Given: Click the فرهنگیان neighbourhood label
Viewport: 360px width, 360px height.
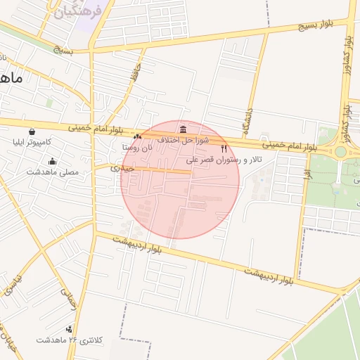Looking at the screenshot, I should pyautogui.click(x=78, y=10).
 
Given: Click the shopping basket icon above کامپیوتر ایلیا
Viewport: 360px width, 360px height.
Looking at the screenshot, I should pyautogui.click(x=32, y=131).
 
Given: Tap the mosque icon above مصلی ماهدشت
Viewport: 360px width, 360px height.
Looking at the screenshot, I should pyautogui.click(x=53, y=162).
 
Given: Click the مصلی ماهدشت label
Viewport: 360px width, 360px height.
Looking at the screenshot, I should pyautogui.click(x=53, y=172).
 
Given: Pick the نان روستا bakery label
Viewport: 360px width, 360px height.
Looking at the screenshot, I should pyautogui.click(x=137, y=148).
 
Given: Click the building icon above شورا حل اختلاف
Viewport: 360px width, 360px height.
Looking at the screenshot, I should pyautogui.click(x=183, y=129).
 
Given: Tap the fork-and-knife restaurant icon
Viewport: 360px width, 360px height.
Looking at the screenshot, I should pyautogui.click(x=224, y=149).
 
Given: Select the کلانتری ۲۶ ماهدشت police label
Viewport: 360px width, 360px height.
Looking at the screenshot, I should pyautogui.click(x=70, y=340).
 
